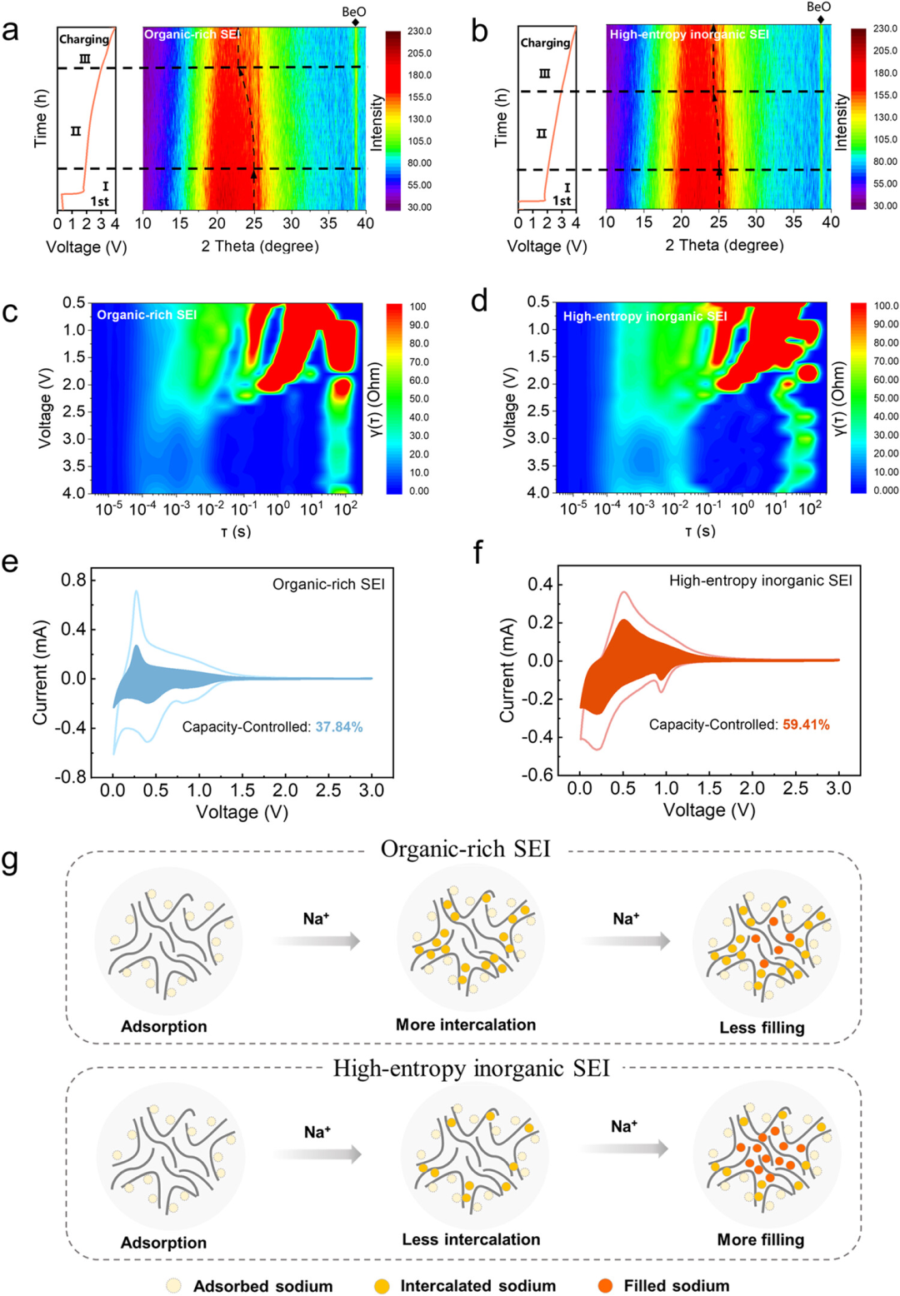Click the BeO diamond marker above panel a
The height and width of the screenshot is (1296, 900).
355,22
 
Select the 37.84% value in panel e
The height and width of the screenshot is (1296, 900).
339,726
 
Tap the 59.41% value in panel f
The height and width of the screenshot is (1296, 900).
806,725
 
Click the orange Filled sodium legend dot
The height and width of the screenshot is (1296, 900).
606,1285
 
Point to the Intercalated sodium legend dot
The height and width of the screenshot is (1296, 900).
382,1285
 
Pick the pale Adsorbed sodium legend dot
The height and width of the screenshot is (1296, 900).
173,1285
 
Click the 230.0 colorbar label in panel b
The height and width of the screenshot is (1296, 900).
886,29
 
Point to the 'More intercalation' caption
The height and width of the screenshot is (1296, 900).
465,1024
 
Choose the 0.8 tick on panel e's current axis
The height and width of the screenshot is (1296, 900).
74,580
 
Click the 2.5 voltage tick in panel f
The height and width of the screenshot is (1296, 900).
796,788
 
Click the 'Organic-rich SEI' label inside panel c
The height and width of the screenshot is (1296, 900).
147,316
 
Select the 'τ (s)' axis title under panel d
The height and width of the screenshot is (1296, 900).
700,531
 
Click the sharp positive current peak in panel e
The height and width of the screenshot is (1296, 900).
136,591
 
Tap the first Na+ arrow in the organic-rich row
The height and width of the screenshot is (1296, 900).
316,941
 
